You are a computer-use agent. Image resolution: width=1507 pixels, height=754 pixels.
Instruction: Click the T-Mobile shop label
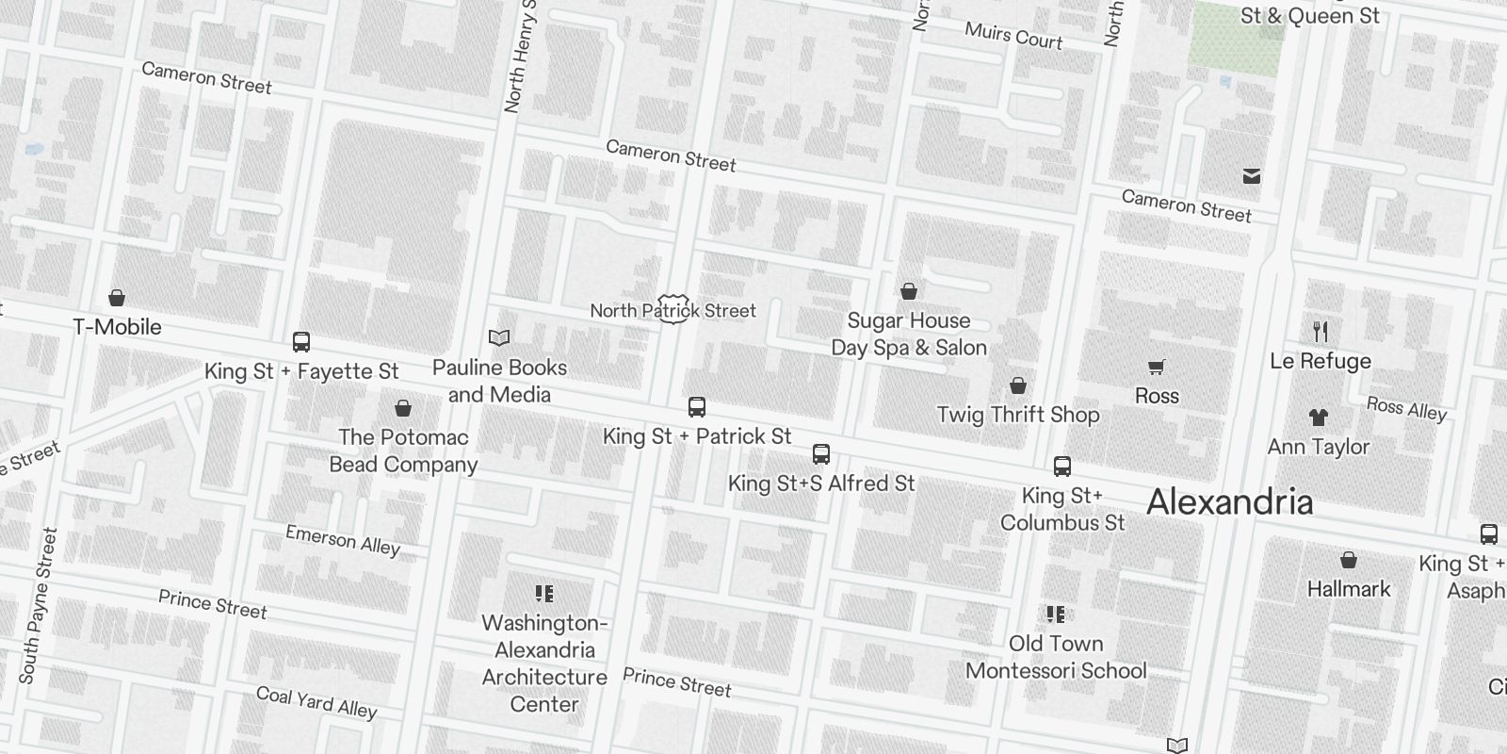[x=118, y=327]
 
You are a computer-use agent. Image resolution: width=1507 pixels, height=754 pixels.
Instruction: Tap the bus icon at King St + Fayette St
[x=301, y=342]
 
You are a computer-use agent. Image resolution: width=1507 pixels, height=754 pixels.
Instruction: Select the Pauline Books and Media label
[x=499, y=381]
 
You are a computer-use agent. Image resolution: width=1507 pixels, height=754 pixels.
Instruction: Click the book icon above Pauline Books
[x=499, y=337]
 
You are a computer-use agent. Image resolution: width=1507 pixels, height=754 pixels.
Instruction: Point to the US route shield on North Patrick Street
[x=672, y=309]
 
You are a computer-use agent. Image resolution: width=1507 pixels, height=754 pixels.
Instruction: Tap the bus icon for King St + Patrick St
[x=697, y=407]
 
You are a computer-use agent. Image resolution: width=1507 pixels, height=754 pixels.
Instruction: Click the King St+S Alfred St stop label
[x=821, y=484]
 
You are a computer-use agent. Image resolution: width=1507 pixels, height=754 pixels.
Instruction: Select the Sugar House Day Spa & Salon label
[x=909, y=334]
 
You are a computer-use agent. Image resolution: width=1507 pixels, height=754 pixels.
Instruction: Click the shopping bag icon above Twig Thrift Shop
[x=1018, y=385]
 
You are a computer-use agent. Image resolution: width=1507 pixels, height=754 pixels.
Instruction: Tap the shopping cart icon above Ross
[x=1157, y=367]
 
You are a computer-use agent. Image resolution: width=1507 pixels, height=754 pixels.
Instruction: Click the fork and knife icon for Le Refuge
[x=1321, y=332]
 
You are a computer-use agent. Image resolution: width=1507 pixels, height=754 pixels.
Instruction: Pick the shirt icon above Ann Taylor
[x=1319, y=418]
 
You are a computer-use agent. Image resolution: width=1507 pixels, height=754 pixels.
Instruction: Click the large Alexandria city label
[x=1229, y=502]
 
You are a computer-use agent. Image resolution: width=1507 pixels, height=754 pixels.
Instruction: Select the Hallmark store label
[x=1349, y=589]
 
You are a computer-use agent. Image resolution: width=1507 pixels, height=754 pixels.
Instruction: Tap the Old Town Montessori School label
[x=1056, y=657]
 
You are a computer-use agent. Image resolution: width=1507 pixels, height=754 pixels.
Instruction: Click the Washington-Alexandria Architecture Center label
[x=544, y=663]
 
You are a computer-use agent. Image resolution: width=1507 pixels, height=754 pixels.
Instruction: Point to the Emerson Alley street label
[x=343, y=540]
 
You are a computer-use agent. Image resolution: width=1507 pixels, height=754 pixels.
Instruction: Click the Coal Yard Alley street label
[x=316, y=702]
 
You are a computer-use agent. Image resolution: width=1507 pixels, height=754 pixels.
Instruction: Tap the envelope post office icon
[x=1252, y=176]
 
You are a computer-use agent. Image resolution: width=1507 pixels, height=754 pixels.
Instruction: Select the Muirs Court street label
[x=1013, y=36]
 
